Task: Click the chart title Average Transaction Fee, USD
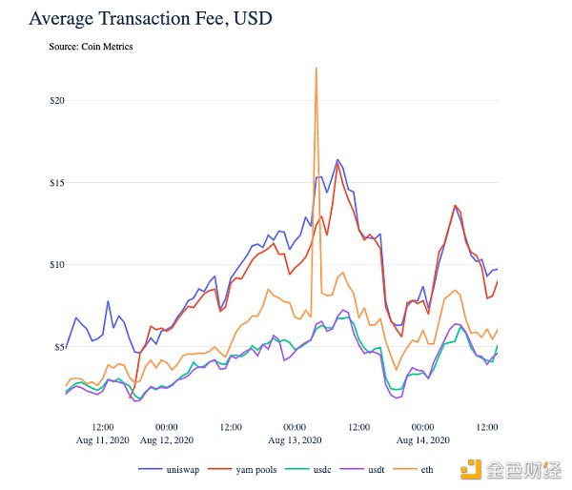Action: pyautogui.click(x=152, y=18)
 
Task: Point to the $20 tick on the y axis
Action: pyautogui.click(x=56, y=100)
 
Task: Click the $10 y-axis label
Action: pyautogui.click(x=56, y=264)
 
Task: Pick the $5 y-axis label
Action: pyautogui.click(x=58, y=346)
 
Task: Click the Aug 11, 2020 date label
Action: pyautogui.click(x=102, y=439)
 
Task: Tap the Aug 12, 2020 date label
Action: pyautogui.click(x=167, y=439)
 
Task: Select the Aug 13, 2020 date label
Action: pyautogui.click(x=295, y=439)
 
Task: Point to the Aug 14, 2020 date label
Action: pyautogui.click(x=422, y=439)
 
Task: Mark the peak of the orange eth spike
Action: pyautogui.click(x=315, y=68)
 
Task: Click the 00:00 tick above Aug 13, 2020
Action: pyautogui.click(x=295, y=426)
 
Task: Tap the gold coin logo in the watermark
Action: pyautogui.click(x=471, y=469)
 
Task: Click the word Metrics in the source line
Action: pyautogui.click(x=130, y=47)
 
